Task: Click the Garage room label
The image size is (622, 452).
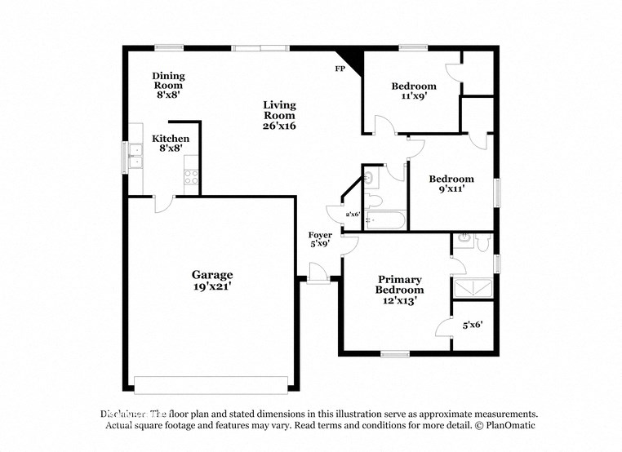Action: (212, 275)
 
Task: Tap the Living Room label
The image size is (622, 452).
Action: (279, 110)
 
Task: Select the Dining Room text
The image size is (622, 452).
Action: (168, 80)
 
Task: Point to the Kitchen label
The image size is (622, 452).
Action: (171, 139)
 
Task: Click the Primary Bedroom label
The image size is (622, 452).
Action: (399, 285)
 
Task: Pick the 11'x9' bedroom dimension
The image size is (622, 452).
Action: (413, 95)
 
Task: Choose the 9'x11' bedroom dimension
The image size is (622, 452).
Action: (451, 188)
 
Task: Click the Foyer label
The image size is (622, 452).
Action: (319, 235)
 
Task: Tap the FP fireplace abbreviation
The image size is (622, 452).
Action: (340, 69)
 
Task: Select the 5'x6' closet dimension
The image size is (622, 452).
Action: (473, 325)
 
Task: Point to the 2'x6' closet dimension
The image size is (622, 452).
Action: (353, 214)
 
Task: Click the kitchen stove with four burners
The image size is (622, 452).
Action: (192, 175)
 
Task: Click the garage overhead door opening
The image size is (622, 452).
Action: (211, 383)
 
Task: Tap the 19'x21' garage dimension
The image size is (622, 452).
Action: (212, 286)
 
